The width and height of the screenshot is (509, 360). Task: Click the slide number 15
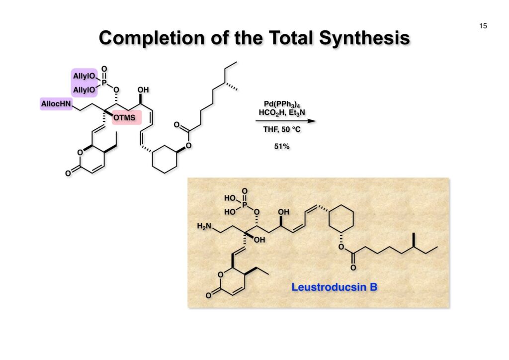483,26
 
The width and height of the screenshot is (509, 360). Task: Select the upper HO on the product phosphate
230,198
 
